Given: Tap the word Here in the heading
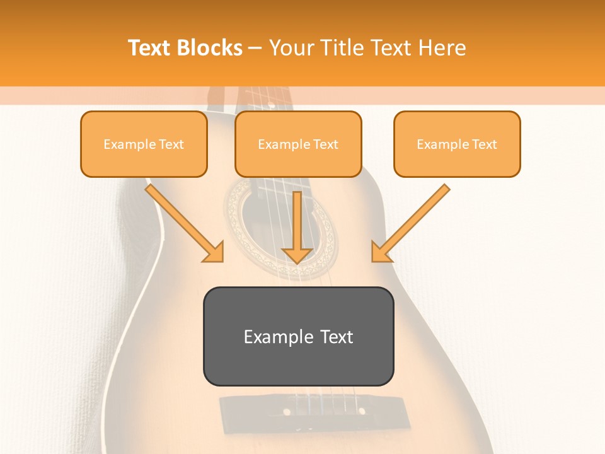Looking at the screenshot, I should [x=442, y=48].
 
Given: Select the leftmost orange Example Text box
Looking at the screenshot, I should [x=144, y=144].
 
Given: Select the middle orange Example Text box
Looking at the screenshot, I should [x=298, y=144].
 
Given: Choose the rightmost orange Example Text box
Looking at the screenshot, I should [x=457, y=144].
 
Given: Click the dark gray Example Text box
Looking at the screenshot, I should [x=298, y=336].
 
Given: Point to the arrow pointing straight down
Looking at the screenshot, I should [x=297, y=227].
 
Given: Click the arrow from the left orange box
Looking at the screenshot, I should [x=183, y=222].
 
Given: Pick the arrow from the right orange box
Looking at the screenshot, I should [x=412, y=222].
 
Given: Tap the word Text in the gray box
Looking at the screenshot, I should [x=337, y=337].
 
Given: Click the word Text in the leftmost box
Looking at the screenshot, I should [x=171, y=144].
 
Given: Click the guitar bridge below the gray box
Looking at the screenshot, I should [x=297, y=410].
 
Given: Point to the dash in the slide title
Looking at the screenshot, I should [x=255, y=49].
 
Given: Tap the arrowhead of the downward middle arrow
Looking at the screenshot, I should [x=297, y=255].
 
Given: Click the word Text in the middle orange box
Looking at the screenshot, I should [x=325, y=144].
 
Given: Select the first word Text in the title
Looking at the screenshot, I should [x=150, y=48].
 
